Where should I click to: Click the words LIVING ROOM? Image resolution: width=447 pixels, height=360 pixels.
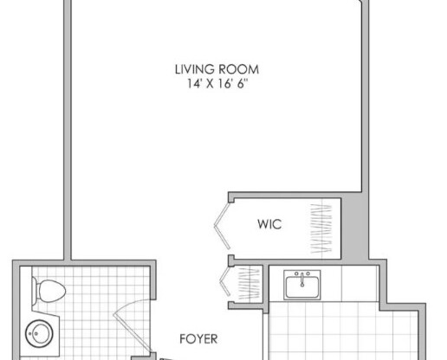pos(217,70)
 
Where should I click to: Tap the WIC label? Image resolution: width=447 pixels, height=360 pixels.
pos(269,224)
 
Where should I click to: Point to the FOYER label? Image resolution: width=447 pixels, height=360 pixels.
pos(198,339)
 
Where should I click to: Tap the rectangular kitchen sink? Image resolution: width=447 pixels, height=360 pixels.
pos(302,283)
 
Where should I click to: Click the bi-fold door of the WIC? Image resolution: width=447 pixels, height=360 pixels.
pos(222,223)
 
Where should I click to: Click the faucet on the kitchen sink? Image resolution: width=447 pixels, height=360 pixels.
pos(302,275)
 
